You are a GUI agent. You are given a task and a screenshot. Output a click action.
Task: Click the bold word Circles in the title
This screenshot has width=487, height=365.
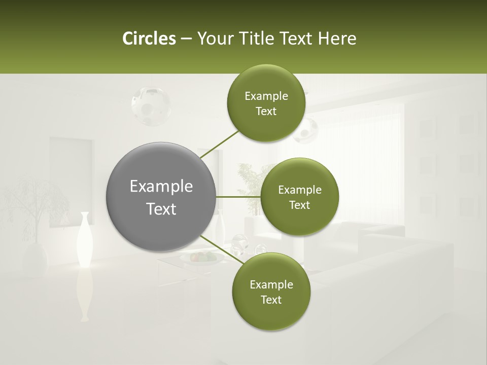149,39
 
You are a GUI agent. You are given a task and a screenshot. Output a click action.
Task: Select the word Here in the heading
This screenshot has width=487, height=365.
336,39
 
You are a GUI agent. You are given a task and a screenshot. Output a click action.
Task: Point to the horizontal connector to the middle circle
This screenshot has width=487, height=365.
238,197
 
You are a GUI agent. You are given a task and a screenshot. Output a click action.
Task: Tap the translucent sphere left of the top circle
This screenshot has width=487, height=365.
150,105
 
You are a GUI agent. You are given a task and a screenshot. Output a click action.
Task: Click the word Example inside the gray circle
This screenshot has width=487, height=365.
161,187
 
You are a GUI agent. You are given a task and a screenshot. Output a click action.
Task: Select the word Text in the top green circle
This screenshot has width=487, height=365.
266,112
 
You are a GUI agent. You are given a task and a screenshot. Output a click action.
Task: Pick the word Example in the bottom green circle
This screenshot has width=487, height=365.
271,284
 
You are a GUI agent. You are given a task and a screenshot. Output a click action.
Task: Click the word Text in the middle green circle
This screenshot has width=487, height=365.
299,205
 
